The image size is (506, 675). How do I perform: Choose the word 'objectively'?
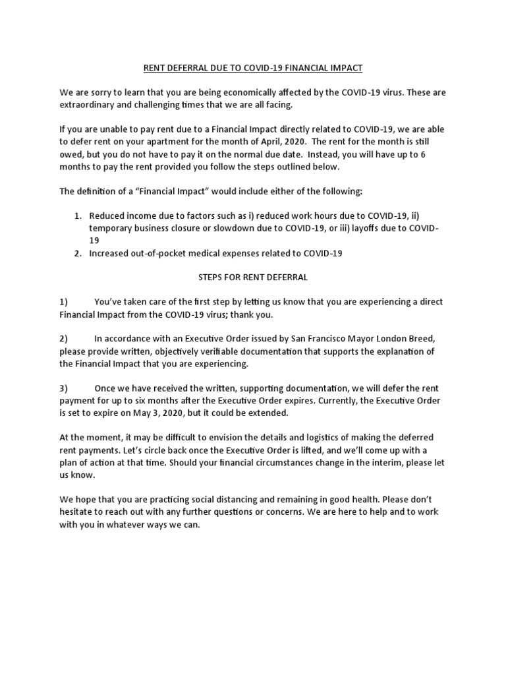tap(163, 351)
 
